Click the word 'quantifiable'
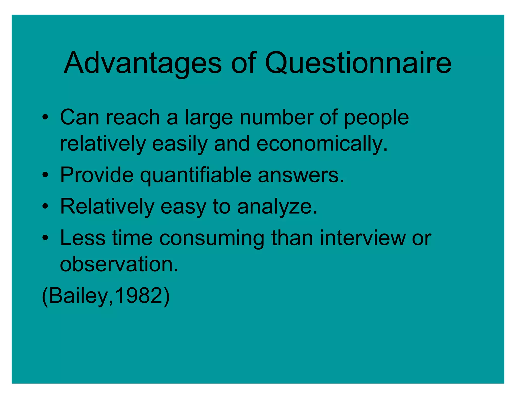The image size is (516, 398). coord(196,175)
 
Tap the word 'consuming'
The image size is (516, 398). coord(212,238)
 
